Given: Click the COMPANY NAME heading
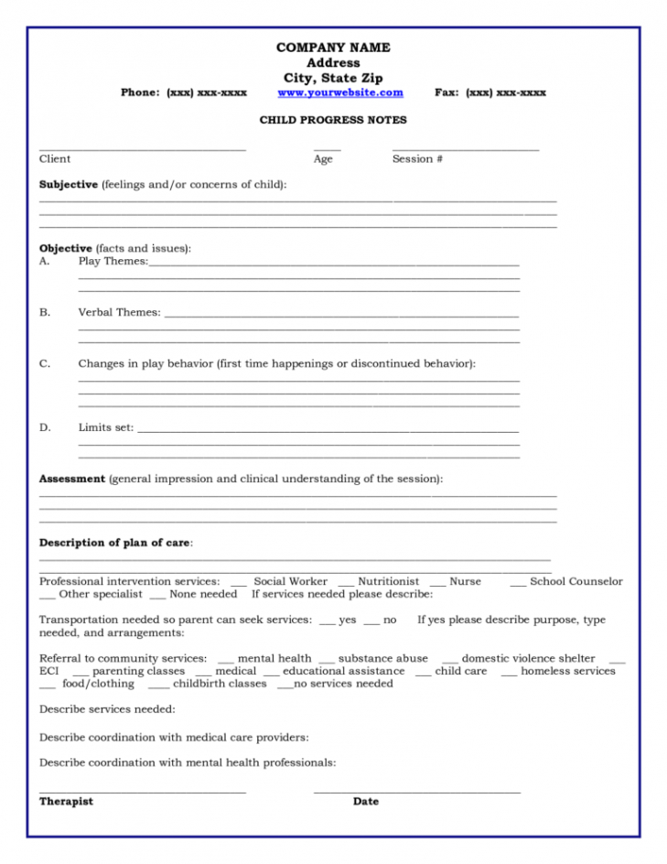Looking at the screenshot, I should (333, 48).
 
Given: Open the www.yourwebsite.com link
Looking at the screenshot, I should (340, 93).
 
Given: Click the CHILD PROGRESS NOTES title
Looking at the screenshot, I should (333, 120).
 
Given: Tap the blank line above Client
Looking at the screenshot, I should (142, 148).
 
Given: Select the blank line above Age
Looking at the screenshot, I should (327, 148).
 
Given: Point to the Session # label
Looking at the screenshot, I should (417, 159).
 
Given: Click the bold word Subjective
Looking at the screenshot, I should (68, 185).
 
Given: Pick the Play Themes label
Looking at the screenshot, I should (113, 262).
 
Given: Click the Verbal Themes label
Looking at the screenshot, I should (119, 313).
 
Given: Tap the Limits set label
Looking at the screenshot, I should (106, 427).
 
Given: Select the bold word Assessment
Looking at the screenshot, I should (71, 479).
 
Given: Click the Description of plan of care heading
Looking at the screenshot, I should (115, 543).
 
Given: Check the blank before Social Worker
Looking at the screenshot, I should (238, 583).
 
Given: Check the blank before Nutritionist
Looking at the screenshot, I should (345, 583).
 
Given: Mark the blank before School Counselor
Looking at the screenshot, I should (518, 583).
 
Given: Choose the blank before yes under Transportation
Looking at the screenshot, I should (327, 621).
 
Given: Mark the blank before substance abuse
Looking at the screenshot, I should (326, 660).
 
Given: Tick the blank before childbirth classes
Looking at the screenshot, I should (157, 686).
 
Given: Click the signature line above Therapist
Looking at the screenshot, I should (142, 791).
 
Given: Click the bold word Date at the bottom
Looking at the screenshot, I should (365, 802).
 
